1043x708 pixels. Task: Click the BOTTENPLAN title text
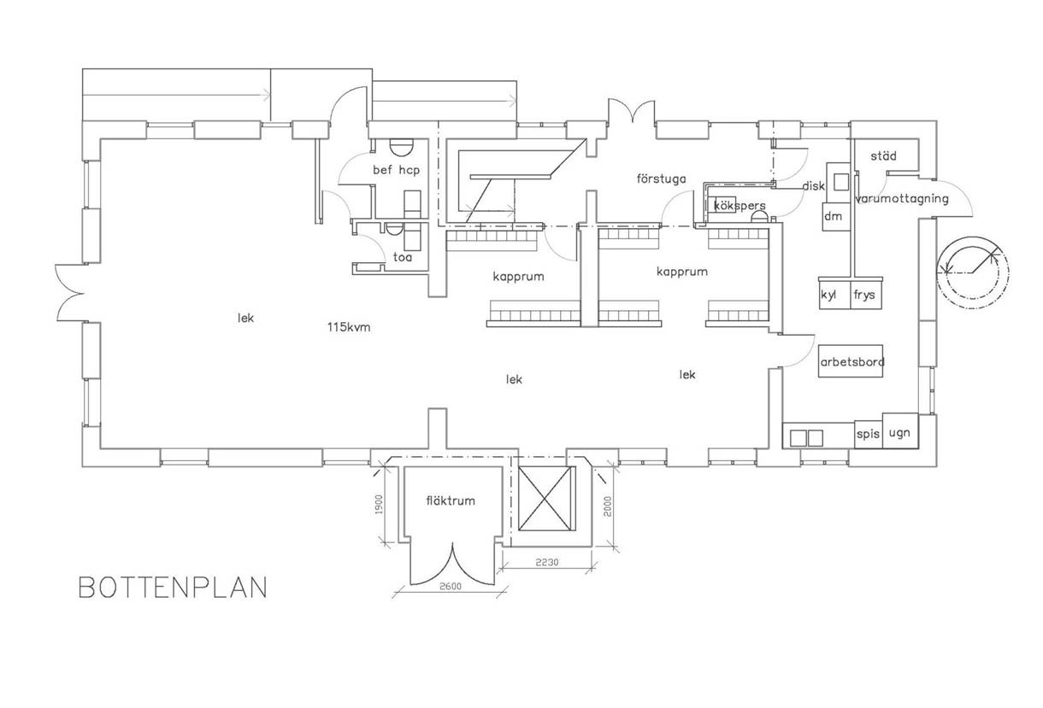[173, 587]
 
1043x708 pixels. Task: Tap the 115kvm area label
[349, 327]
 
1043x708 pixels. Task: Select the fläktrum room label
[451, 501]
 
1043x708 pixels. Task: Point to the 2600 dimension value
[451, 587]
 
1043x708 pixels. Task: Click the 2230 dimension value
[546, 563]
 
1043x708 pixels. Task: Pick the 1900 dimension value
[379, 504]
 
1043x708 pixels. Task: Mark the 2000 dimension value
[608, 506]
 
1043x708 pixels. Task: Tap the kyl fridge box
[835, 294]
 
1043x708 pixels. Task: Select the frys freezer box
[866, 294]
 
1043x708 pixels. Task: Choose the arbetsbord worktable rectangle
[851, 361]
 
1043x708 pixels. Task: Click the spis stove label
[868, 434]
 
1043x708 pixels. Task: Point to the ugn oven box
[900, 430]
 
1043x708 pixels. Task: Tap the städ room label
[883, 155]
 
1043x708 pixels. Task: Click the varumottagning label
[902, 199]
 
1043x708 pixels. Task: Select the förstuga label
[661, 179]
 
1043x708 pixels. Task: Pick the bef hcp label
[396, 170]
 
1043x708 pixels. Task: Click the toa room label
[403, 257]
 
